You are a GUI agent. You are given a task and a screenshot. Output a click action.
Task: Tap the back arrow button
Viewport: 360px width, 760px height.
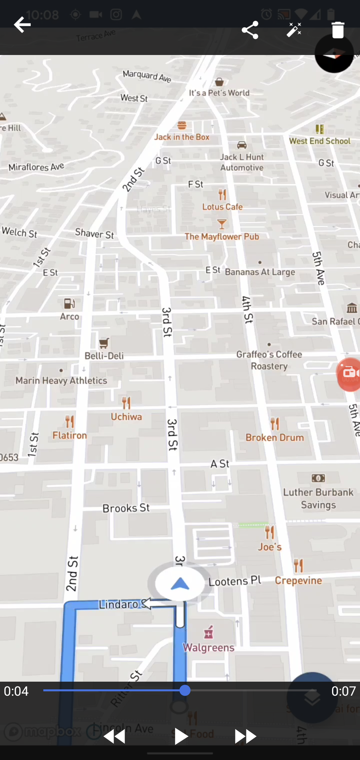pos(22,25)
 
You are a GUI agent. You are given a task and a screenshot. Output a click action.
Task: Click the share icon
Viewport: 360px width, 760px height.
pos(250,30)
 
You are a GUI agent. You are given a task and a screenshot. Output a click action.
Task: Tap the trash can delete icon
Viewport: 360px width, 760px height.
pos(338,30)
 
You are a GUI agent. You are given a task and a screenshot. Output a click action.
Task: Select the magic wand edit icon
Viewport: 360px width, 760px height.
pos(294,30)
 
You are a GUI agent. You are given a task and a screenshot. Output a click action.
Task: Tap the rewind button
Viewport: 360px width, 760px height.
pos(114,736)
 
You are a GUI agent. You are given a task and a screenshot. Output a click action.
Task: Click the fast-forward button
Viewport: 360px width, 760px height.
pos(245,736)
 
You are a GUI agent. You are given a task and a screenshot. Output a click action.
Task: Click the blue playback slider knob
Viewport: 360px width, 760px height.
pos(185,690)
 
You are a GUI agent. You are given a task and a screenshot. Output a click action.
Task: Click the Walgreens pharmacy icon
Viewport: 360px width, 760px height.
pos(209,632)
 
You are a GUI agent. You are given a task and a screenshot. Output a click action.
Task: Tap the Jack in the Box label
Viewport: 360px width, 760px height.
pos(182,137)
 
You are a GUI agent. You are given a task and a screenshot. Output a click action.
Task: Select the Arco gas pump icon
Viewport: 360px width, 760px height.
pos(69,304)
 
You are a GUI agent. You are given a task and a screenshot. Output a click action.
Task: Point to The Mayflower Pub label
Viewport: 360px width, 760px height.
pos(222,237)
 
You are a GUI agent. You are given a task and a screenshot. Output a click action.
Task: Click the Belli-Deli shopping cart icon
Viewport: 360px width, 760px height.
pos(104,343)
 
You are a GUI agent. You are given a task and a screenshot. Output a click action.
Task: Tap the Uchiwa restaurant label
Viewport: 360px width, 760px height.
pos(126,417)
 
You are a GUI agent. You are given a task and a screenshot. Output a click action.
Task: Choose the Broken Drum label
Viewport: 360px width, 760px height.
pos(275,437)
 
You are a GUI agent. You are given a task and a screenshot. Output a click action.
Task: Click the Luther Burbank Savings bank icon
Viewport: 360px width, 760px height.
pos(318,478)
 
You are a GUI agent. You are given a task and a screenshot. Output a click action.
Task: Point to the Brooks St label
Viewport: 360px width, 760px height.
pos(126,508)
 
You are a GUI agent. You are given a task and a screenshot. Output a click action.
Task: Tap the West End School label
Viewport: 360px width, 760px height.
pos(320,141)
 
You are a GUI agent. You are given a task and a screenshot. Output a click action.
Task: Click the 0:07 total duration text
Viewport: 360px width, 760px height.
pos(343,691)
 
